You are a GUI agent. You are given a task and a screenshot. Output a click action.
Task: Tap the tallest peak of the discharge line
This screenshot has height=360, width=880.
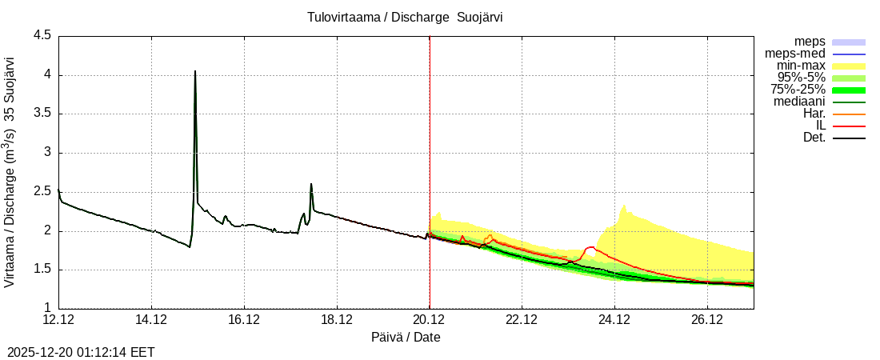(x=195, y=72)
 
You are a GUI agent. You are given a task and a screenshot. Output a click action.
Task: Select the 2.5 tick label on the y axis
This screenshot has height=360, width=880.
(x=42, y=192)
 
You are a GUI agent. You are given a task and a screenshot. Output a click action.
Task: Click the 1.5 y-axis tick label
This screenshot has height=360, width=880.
(x=42, y=270)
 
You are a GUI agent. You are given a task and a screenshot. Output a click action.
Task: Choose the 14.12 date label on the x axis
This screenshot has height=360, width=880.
(x=151, y=320)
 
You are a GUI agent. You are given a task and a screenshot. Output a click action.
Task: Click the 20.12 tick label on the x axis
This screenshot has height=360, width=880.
(x=430, y=320)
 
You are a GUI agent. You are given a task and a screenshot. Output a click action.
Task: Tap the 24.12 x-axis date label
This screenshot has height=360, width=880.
(x=614, y=320)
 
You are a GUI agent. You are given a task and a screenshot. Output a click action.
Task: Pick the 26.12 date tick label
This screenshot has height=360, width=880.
(x=707, y=320)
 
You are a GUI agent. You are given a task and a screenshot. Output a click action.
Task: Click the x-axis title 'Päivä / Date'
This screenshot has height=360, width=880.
(x=406, y=338)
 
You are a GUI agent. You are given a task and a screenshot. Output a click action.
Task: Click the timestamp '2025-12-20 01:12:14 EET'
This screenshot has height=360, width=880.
(x=81, y=352)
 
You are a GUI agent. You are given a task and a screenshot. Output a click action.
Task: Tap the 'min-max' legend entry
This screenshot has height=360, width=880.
(x=801, y=66)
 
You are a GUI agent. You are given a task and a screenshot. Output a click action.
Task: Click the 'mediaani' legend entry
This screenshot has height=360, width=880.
(x=799, y=102)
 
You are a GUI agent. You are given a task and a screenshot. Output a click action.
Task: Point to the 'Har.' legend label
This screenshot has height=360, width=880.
(x=814, y=114)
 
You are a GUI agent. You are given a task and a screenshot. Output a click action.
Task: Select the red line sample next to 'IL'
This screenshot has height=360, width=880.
(x=849, y=126)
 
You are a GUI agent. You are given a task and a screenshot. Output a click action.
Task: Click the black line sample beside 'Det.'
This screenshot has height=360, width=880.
(x=849, y=138)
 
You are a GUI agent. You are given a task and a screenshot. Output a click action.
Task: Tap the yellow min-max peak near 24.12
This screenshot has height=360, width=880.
(x=624, y=206)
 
